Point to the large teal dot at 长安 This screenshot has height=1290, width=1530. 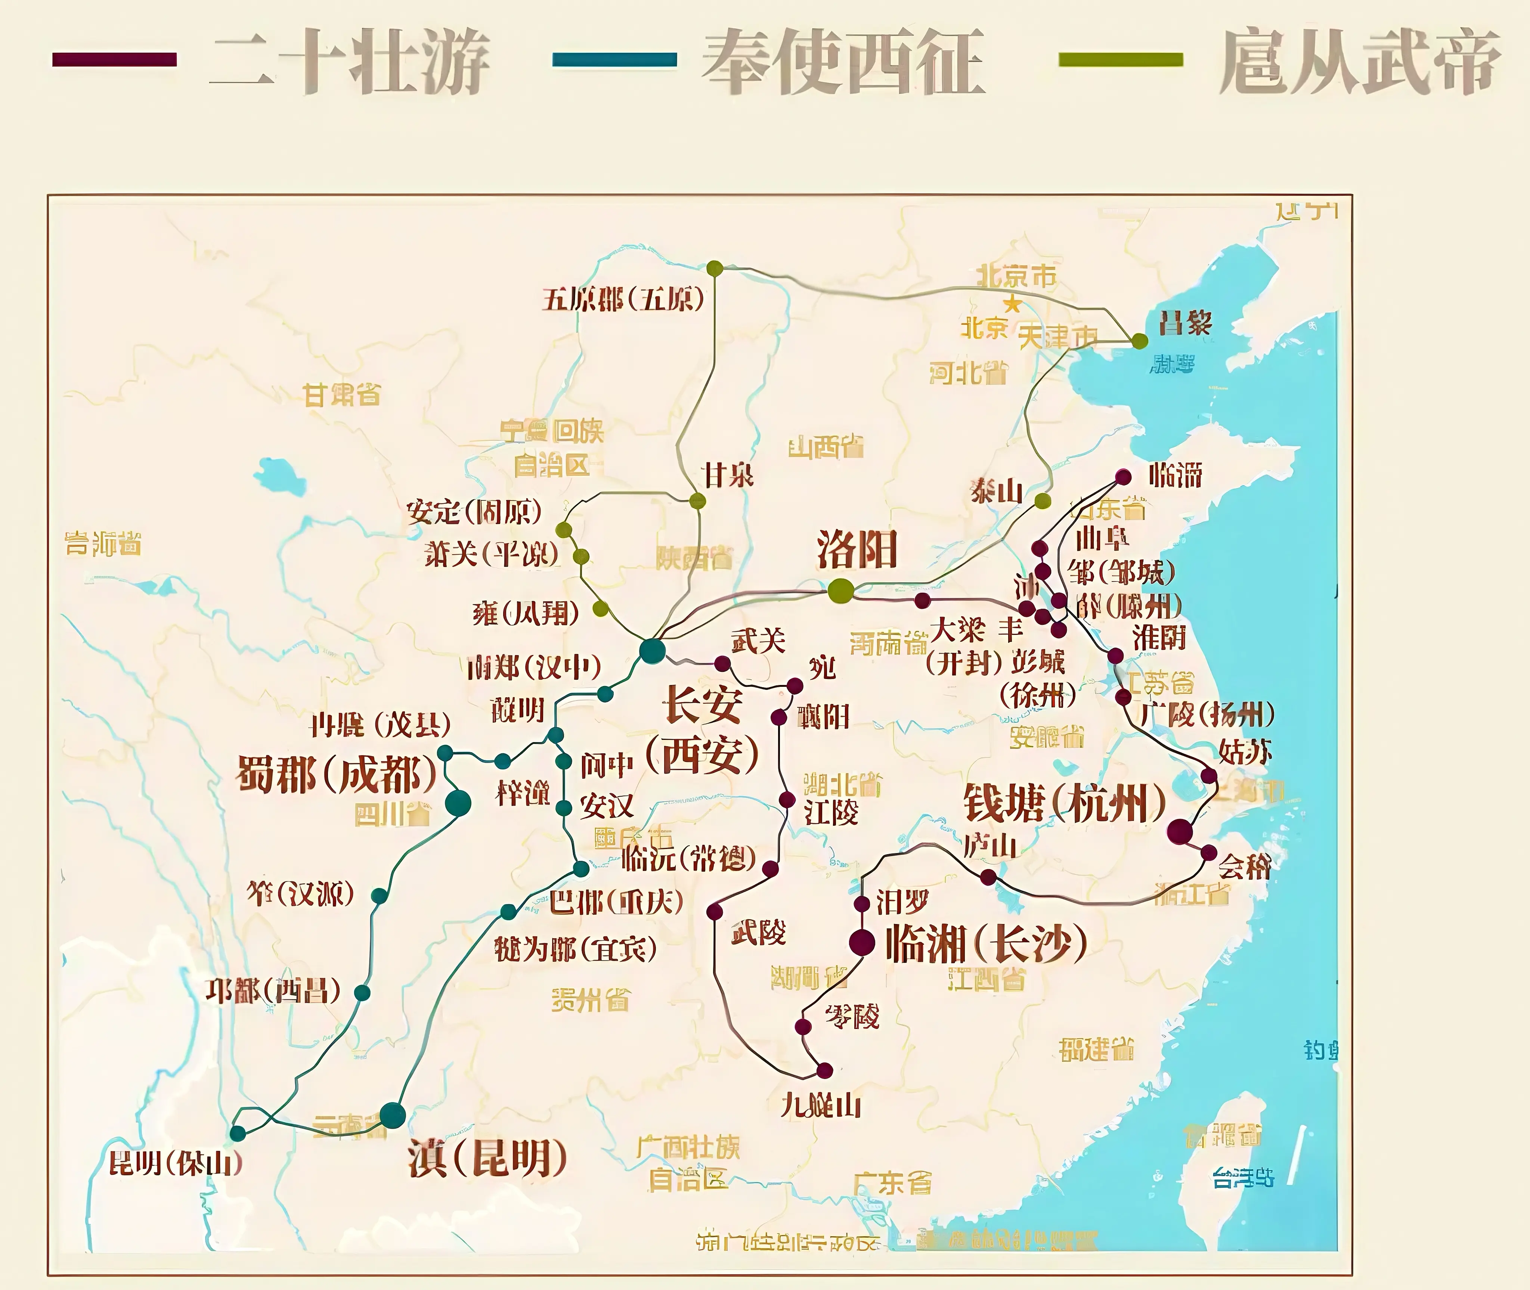tap(652, 650)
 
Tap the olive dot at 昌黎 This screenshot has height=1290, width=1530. tap(1139, 341)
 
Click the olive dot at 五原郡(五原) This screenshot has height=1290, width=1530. tap(715, 269)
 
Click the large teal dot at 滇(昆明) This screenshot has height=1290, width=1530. tap(393, 1115)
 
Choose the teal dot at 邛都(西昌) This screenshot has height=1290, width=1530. tap(362, 992)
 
